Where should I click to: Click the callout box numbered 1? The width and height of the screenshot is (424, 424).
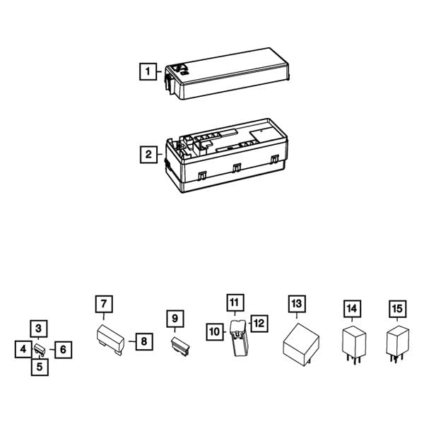tap(147, 71)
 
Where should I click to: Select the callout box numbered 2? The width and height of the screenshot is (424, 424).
tap(147, 154)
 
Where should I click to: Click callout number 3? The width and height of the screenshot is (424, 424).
tap(39, 329)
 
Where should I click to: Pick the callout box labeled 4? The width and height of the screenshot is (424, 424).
tap(23, 348)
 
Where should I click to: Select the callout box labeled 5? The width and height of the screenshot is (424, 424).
tap(39, 367)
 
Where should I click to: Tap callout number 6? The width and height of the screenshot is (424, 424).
tap(63, 349)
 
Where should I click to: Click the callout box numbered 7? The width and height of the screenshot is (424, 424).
tap(104, 305)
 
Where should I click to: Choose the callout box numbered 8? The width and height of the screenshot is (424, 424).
tap(143, 341)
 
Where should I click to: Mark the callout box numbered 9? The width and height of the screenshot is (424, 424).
tap(173, 319)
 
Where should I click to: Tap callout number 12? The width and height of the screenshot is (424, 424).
tap(259, 323)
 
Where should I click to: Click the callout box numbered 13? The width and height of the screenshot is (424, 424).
tap(297, 303)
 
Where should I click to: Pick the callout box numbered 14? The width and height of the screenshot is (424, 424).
tap(352, 309)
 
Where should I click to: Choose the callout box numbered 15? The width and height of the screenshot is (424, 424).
tap(399, 309)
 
